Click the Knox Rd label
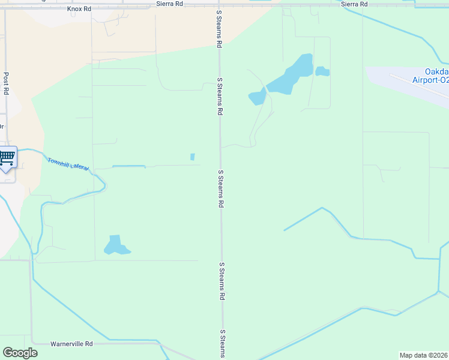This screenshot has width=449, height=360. pyautogui.click(x=79, y=9)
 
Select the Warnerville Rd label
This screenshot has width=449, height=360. pyautogui.click(x=71, y=344)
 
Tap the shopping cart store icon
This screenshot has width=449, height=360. pyautogui.click(x=7, y=158)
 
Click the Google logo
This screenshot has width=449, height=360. pyautogui.click(x=20, y=353)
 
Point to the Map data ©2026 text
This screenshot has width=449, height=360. pyautogui.click(x=424, y=355)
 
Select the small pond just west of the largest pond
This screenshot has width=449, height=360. pyautogui.click(x=258, y=97)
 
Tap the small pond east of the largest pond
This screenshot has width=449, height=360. pyautogui.click(x=322, y=71)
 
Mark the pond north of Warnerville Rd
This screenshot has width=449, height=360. pyautogui.click(x=115, y=245)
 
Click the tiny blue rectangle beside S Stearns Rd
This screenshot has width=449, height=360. pyautogui.click(x=192, y=157)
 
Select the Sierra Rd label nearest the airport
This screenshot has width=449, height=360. pyautogui.click(x=354, y=4)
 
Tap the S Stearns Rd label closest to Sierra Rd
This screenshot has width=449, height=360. pyautogui.click(x=220, y=32)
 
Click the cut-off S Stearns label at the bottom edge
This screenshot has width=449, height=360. pyautogui.click(x=222, y=343)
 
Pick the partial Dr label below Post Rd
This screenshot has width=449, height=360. pyautogui.click(x=2, y=127)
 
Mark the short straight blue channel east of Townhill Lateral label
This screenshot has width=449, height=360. pyautogui.click(x=128, y=166)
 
